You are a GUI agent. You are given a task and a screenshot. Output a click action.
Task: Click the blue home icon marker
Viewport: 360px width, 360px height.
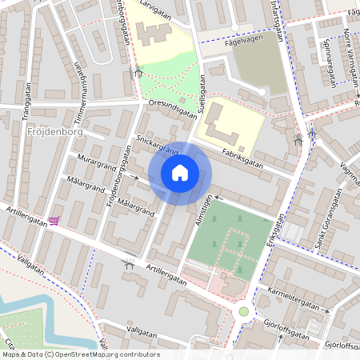(180, 173)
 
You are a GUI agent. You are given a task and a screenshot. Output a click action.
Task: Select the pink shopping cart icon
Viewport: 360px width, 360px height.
(54, 220)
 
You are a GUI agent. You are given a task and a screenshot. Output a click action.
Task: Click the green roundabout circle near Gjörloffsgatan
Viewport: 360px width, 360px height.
(243, 311)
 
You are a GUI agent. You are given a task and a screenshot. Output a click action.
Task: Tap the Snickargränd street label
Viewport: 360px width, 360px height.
(157, 145)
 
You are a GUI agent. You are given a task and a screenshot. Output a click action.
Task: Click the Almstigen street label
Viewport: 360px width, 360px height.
(202, 212)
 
